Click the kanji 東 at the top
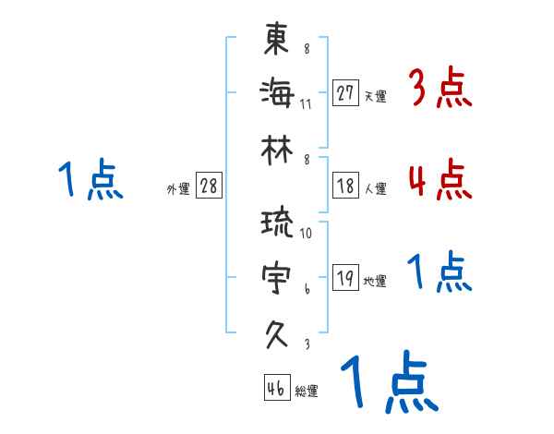277,41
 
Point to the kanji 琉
277,224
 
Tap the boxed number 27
345,93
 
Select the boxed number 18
345,186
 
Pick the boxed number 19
345,278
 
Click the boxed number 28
209,186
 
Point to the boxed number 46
275,388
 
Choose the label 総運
307,392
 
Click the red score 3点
440,89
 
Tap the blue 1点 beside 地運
440,272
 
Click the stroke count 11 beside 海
306,102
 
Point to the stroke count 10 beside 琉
306,234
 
